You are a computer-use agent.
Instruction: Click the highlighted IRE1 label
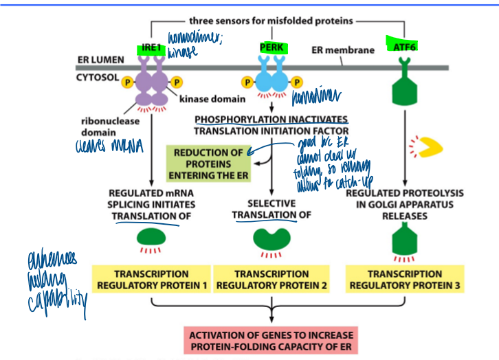click(151, 48)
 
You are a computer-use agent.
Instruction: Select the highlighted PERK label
click(271, 47)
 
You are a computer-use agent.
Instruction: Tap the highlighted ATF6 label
click(401, 47)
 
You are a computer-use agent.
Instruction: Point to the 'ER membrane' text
click(343, 50)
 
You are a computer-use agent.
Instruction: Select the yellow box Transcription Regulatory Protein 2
click(272, 279)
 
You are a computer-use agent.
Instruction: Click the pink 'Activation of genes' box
click(273, 340)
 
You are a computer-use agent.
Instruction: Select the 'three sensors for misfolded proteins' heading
click(271, 21)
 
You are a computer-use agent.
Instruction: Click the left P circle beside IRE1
click(127, 82)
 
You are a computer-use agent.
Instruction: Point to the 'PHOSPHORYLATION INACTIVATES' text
click(271, 119)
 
